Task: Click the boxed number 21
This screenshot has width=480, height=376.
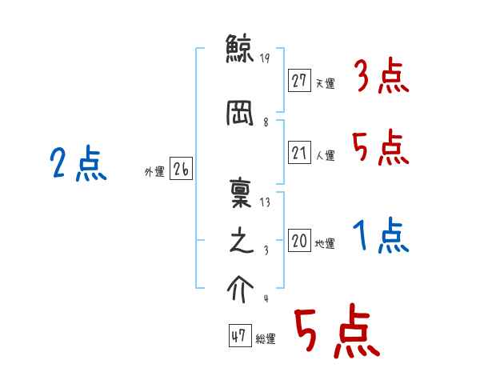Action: tap(300, 153)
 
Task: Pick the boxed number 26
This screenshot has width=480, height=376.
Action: tap(181, 170)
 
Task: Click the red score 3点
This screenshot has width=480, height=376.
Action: tap(382, 77)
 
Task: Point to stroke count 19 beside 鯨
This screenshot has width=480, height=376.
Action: tap(265, 58)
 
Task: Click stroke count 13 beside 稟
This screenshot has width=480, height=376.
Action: tap(265, 202)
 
